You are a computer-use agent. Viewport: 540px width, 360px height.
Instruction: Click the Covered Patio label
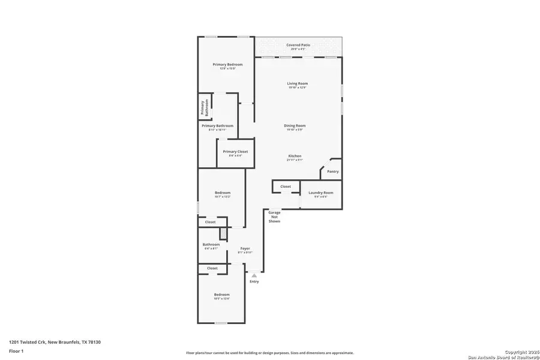(298, 45)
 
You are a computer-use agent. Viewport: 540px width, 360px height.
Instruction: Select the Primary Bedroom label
(227, 64)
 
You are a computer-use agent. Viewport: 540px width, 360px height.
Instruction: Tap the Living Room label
(297, 83)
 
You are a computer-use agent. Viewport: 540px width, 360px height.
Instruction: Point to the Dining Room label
(295, 125)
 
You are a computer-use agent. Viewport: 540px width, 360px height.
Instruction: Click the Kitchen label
(295, 156)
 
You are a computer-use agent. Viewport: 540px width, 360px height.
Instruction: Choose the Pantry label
(332, 172)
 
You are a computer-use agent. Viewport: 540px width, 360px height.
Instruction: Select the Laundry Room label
(320, 193)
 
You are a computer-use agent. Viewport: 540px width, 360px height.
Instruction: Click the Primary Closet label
(235, 152)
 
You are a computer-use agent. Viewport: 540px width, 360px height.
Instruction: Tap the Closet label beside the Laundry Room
(286, 187)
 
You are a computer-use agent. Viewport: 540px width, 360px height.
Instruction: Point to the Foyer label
(245, 248)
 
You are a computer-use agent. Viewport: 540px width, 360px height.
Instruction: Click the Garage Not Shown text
(274, 217)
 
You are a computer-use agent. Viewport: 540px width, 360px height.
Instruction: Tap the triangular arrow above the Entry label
(254, 275)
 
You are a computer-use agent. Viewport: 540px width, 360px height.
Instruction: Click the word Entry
(254, 281)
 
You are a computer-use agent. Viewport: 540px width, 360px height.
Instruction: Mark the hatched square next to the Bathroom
(223, 234)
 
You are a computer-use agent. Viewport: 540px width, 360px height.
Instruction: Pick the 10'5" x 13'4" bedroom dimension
(221, 298)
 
